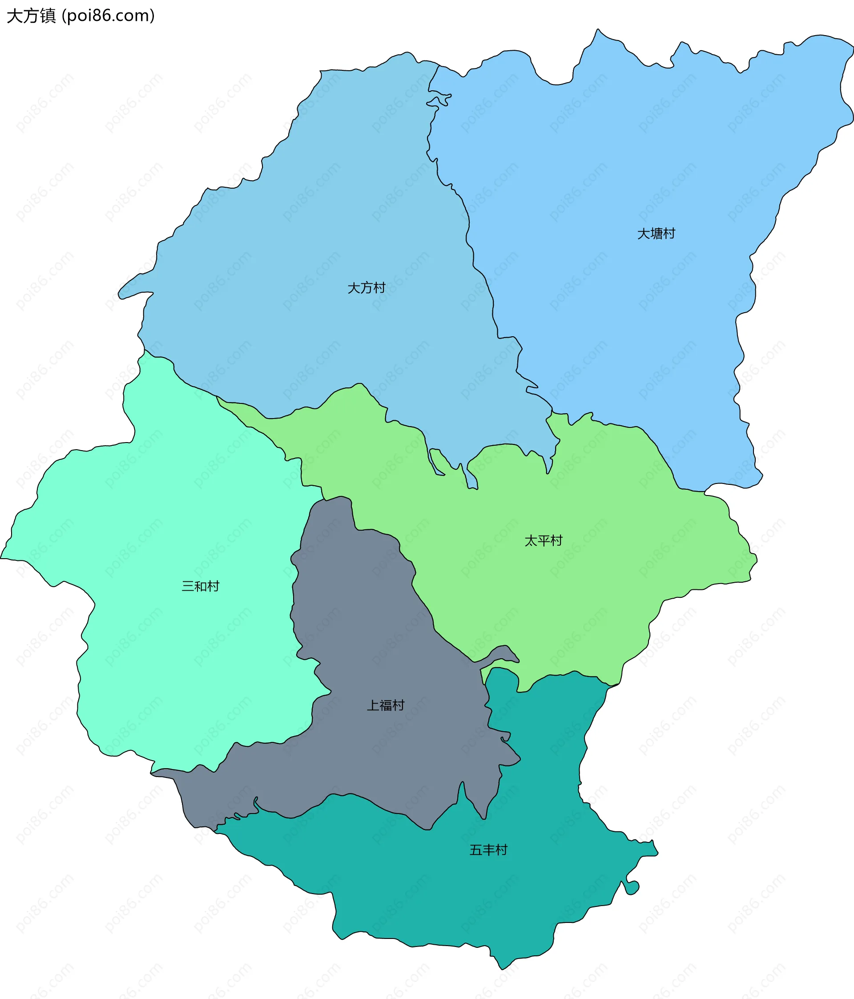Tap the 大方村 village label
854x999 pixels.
pos(367,288)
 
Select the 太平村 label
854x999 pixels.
pos(544,540)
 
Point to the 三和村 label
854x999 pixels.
pos(200,586)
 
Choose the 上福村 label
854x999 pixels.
pos(385,705)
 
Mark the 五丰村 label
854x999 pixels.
pos(488,850)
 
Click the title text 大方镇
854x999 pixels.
pos(31,16)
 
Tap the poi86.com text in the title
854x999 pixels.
pos(109,16)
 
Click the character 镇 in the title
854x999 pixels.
pos(48,16)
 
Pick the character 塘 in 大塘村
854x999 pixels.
pos(657,234)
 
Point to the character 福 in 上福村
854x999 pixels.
pos(386,705)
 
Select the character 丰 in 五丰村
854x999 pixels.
pos(489,850)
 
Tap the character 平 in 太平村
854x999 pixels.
pos(544,540)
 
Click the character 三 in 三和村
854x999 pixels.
pos(188,586)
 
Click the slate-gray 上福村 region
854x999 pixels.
pos(367,627)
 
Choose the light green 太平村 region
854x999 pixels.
pos(603,555)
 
